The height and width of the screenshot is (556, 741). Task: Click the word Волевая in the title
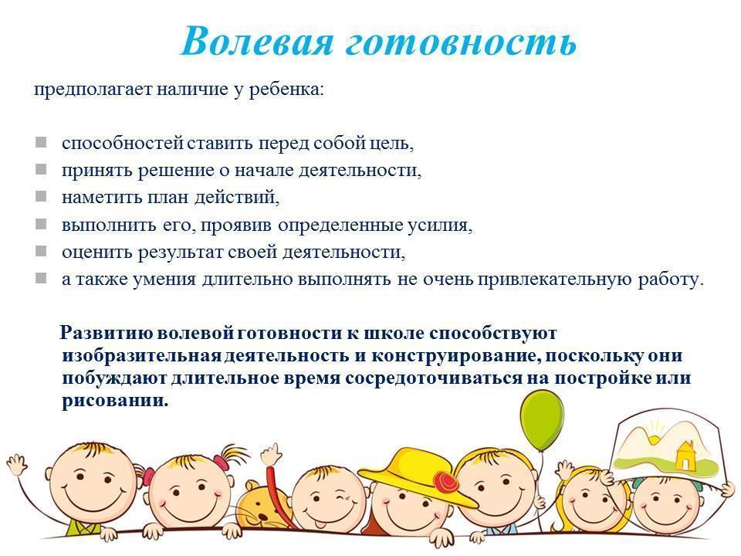pos(257,41)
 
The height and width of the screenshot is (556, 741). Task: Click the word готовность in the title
pos(462,42)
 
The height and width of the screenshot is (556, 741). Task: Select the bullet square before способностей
pos(41,142)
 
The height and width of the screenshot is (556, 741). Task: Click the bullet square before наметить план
pos(41,196)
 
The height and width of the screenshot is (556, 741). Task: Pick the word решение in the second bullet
pos(176,170)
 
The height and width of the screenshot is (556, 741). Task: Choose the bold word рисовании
pos(115,401)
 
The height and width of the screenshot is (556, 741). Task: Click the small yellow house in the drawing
pos(685,456)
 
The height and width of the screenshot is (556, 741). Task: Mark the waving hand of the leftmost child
pos(18,464)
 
